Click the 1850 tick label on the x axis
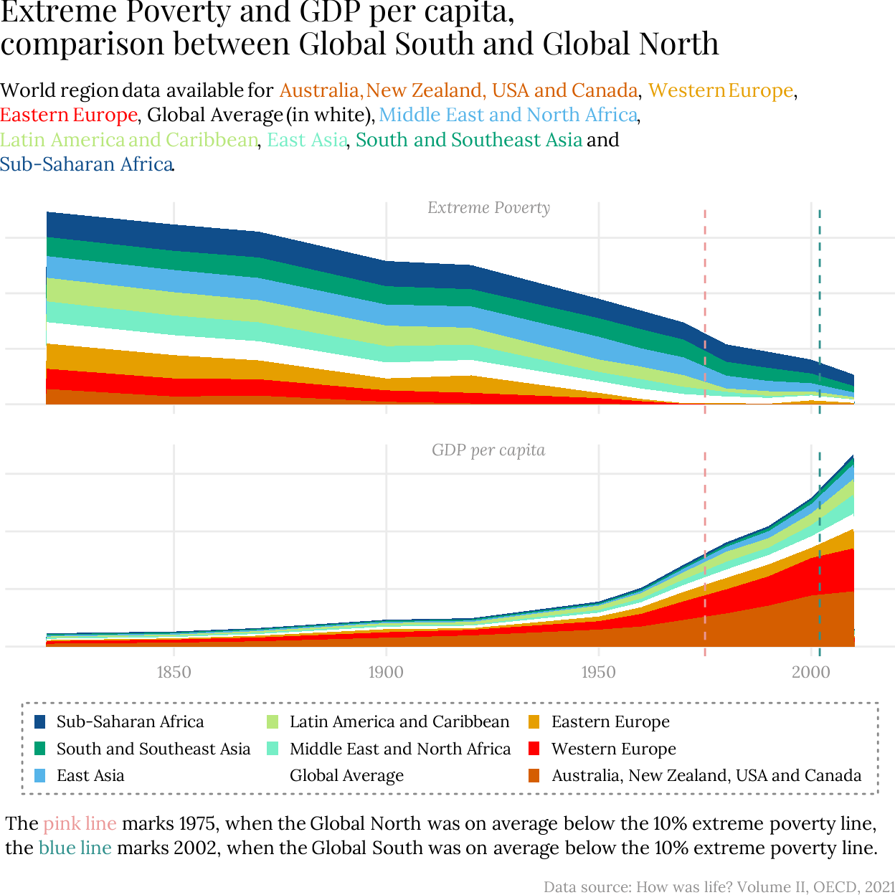[174, 672]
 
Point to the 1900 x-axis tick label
[386, 672]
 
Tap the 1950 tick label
[598, 672]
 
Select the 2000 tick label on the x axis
[810, 672]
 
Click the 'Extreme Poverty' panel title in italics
[488, 208]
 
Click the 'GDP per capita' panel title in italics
[488, 450]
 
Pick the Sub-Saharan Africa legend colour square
[40, 721]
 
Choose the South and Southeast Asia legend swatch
[40, 749]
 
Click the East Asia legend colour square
[40, 775]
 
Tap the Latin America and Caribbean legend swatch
[273, 721]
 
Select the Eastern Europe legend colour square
[534, 721]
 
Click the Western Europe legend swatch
[534, 749]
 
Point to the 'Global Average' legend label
[346, 775]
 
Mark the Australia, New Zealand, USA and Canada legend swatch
[534, 775]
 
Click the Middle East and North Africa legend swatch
[273, 749]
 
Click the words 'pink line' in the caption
[80, 823]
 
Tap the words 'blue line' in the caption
[75, 848]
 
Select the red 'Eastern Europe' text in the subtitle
[69, 115]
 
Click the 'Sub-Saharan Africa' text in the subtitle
[86, 164]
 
